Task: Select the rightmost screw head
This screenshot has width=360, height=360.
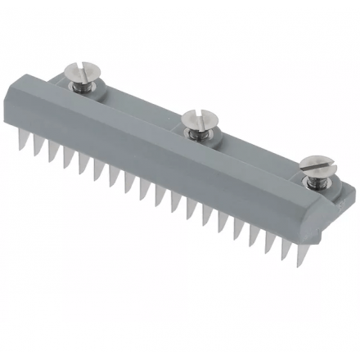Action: click(314, 165)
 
